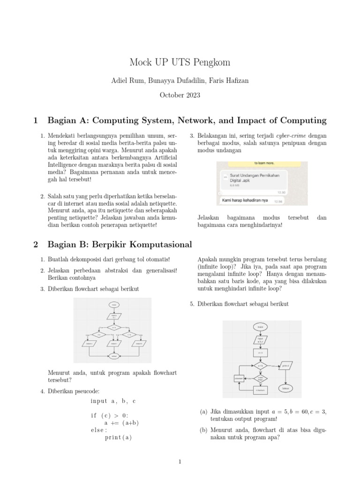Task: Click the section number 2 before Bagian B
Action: (x=36, y=244)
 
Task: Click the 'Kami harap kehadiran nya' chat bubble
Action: (x=245, y=201)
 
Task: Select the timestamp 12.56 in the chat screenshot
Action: (x=278, y=202)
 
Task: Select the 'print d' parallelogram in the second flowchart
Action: (x=285, y=365)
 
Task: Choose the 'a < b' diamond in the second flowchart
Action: (x=260, y=365)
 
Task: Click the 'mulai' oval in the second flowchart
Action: (x=260, y=326)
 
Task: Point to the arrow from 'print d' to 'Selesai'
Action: (x=285, y=377)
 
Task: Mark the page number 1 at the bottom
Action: (x=180, y=462)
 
